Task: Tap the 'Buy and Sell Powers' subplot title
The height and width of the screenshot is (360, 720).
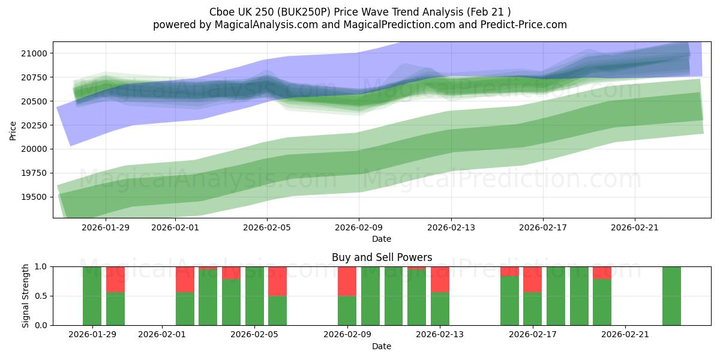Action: point(382,257)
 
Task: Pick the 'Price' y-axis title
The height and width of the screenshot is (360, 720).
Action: point(13,130)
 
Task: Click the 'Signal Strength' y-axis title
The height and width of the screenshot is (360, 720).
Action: point(25,296)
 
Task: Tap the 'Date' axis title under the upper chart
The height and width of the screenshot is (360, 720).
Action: point(382,239)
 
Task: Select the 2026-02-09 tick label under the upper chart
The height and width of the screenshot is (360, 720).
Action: point(359,227)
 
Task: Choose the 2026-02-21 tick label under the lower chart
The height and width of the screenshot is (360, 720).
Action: point(625,335)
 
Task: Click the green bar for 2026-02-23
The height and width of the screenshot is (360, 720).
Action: point(671,296)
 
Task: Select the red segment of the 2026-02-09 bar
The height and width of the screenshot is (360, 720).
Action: point(347,281)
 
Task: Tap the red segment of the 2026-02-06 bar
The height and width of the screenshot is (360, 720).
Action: point(277,281)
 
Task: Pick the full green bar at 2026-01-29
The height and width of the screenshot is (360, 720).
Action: point(92,296)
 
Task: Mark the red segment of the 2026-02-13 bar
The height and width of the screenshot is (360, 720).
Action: point(440,279)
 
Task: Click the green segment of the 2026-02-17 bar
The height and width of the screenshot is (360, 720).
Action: point(532,308)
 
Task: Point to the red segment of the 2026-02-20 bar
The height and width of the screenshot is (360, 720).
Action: point(602,272)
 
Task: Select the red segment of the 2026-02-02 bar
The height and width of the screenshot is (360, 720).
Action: point(185,279)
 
